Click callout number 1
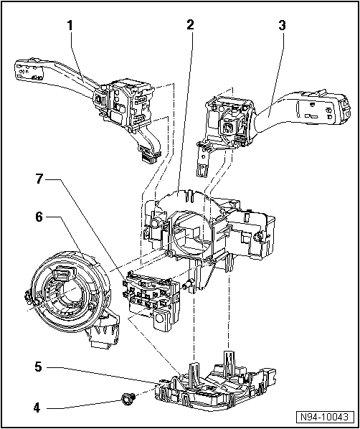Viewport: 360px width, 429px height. (x=70, y=26)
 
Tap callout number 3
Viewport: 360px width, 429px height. (x=282, y=26)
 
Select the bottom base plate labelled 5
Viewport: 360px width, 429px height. (x=215, y=387)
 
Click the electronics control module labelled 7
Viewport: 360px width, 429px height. (x=151, y=294)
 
